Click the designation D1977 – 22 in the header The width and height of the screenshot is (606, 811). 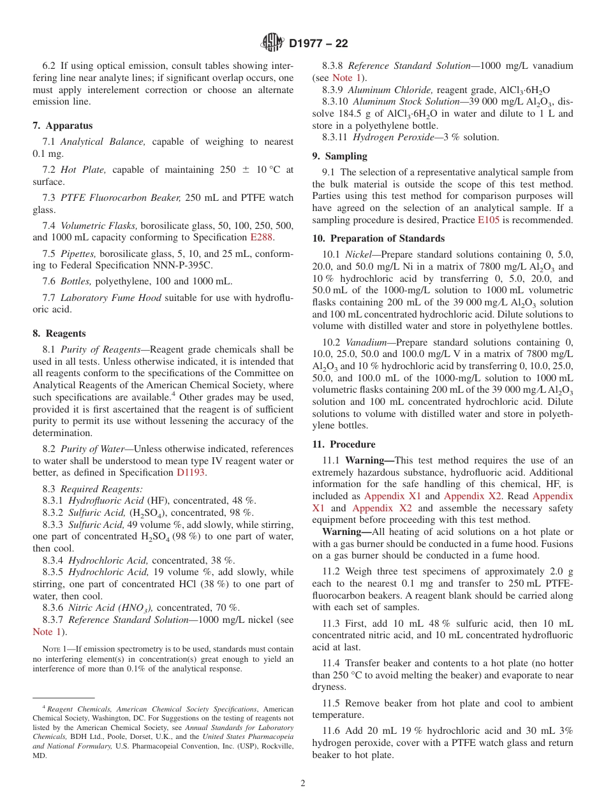click(x=318, y=44)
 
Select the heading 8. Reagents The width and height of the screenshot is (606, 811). click(x=59, y=333)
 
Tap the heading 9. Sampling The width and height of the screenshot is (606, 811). click(x=339, y=156)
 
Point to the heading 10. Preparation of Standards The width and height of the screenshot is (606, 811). click(x=378, y=238)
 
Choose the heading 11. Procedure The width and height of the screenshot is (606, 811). click(x=344, y=444)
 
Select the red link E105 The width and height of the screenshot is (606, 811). click(x=489, y=220)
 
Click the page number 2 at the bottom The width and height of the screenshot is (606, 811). click(x=303, y=783)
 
